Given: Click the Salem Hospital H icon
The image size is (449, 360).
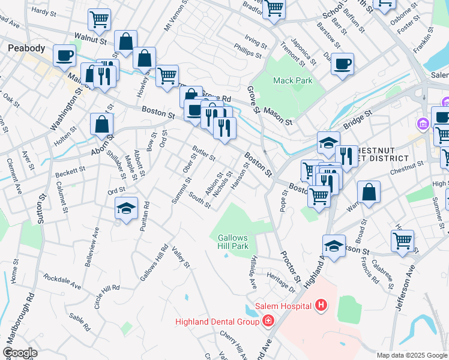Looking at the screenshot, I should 322,306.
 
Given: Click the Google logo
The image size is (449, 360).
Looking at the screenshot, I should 19,353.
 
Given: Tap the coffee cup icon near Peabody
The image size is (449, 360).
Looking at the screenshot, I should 64,56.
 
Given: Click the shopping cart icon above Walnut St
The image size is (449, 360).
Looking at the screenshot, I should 99,19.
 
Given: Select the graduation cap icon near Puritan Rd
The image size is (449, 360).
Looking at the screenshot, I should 126,208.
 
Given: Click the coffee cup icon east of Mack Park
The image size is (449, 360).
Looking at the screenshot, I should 342,64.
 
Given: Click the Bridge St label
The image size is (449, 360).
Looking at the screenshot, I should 358,118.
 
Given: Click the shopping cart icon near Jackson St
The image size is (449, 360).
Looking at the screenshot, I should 402,241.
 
